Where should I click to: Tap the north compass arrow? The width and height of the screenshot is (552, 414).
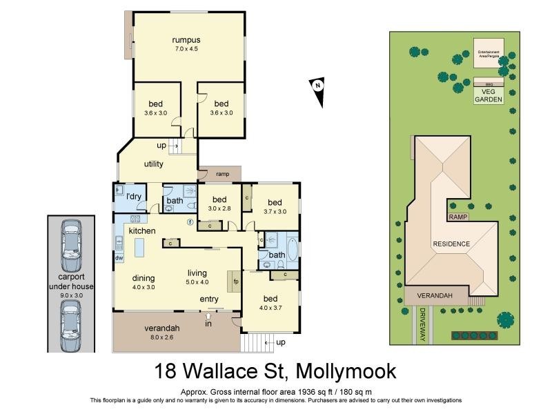tap(318, 92)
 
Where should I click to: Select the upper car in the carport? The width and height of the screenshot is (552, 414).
tap(71, 246)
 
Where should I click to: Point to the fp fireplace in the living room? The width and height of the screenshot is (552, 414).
tap(235, 282)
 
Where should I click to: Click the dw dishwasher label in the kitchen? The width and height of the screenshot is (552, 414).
tap(119, 258)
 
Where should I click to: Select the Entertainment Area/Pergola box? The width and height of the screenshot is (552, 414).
tap(489, 52)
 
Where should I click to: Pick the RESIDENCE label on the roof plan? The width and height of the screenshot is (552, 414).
tap(451, 244)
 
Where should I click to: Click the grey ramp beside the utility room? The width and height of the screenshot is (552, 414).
tap(219, 174)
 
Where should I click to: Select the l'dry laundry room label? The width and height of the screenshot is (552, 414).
tap(133, 197)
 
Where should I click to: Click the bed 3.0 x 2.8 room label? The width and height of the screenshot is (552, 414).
tap(220, 204)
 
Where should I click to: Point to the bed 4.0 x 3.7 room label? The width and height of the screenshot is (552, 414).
tap(270, 303)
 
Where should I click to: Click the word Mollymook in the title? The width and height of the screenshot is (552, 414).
tap(346, 371)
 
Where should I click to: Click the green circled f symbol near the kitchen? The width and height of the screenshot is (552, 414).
tap(190, 222)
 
